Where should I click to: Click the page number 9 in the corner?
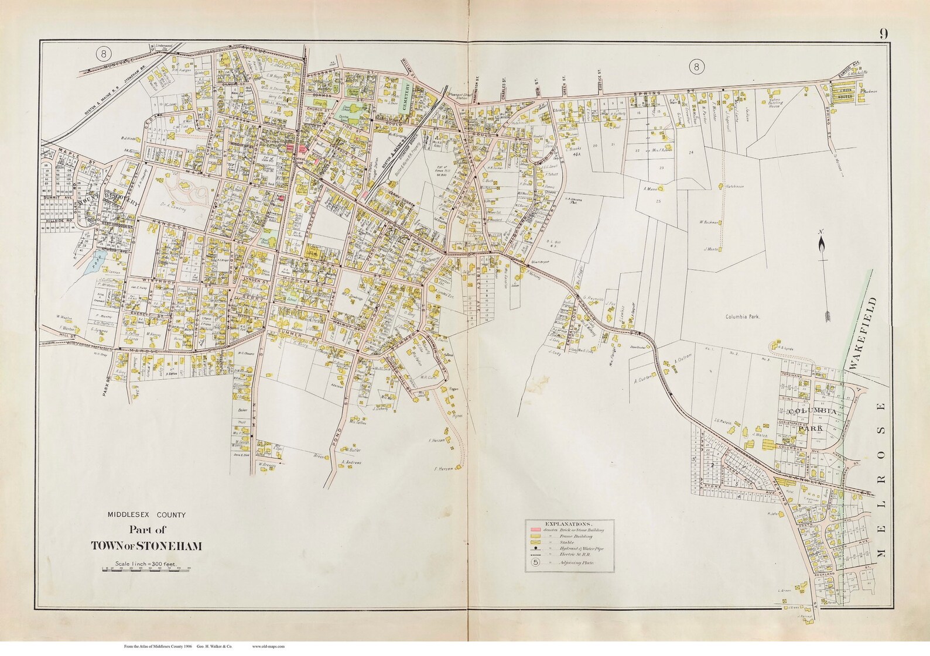[x=882, y=33]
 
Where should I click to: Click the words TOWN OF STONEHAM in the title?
[x=146, y=545]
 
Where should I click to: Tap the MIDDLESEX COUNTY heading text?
[x=146, y=515]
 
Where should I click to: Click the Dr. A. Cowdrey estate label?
[x=171, y=207]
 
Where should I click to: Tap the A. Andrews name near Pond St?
[x=351, y=462]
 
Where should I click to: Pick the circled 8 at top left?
[x=104, y=54]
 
